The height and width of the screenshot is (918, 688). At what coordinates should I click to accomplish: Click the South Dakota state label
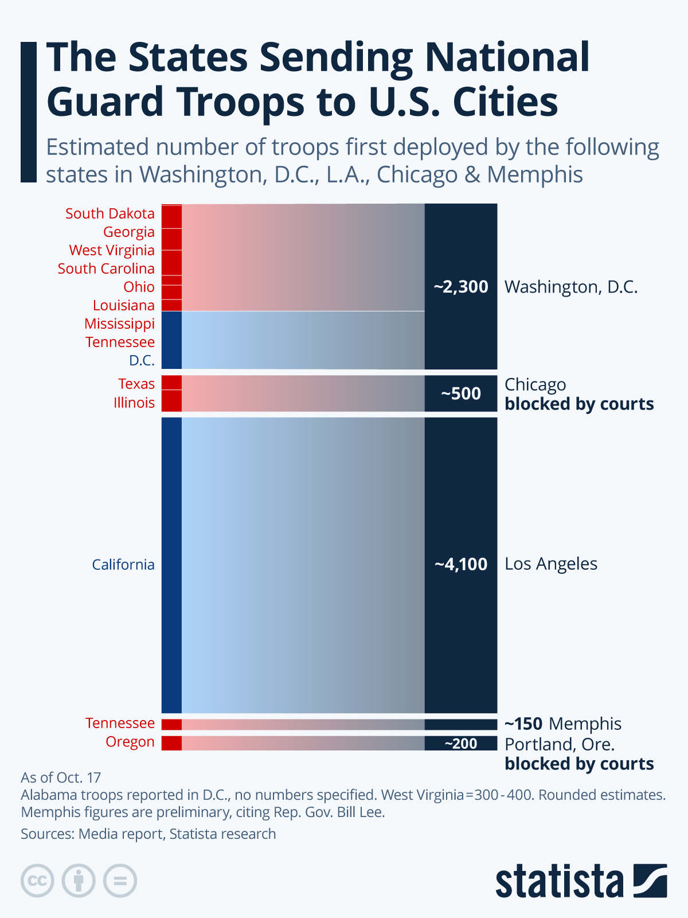pos(110,213)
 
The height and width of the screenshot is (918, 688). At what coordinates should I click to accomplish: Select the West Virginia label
pos(112,250)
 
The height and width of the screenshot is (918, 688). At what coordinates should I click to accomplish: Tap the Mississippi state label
pos(119,324)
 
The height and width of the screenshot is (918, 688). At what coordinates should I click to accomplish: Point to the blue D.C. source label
pos(142,360)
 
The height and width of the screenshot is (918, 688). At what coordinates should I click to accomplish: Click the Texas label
pos(136,384)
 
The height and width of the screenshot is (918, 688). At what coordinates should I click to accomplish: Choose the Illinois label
pos(134,403)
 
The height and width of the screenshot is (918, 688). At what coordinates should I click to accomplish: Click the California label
pos(123,565)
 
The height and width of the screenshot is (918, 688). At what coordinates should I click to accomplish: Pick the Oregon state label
pos(130,742)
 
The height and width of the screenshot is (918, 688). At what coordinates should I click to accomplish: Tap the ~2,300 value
pos(461,287)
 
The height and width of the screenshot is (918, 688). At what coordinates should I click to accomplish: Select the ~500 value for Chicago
pos(461,394)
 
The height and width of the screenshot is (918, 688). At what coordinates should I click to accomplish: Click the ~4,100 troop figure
pos(461,565)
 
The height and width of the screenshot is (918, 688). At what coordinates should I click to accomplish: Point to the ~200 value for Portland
pos(461,744)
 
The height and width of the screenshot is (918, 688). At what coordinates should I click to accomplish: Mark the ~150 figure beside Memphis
pos(523,723)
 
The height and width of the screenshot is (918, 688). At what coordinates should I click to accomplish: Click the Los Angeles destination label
pos(551,564)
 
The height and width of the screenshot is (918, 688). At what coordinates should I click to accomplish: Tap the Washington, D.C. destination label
pos(571,287)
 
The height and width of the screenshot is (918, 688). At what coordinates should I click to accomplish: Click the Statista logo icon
pos(650,880)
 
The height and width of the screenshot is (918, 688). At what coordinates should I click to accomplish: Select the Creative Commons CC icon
pos(38,881)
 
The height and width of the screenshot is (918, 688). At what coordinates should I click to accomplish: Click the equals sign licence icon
pos(120,881)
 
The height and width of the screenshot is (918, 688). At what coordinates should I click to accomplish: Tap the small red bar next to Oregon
pos(171,743)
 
